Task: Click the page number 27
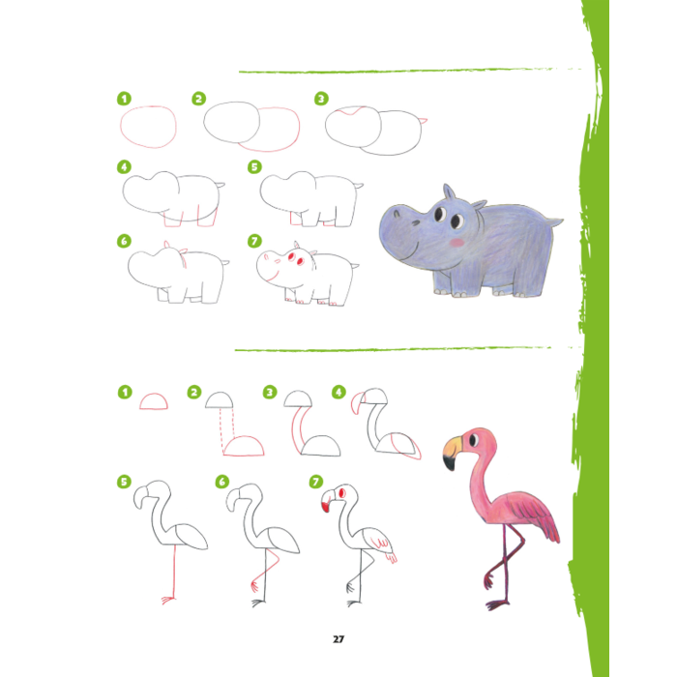pos(338,639)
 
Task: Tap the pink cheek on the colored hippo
pos(456,242)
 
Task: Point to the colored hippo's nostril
pos(397,213)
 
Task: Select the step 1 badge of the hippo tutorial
pos(125,99)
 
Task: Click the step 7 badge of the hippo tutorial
pos(254,241)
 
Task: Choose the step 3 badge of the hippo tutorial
pos(321,99)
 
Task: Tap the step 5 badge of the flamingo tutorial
pos(124,482)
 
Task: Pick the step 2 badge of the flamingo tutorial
pos(194,392)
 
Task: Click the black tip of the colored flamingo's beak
pos(450,463)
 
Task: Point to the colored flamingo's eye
pos(473,440)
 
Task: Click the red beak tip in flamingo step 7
pos(325,508)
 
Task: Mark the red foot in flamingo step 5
pos(168,600)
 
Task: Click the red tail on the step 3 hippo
pos(424,121)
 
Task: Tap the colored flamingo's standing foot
pos(497,604)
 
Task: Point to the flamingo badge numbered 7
pos(316,482)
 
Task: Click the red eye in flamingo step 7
pos(342,492)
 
